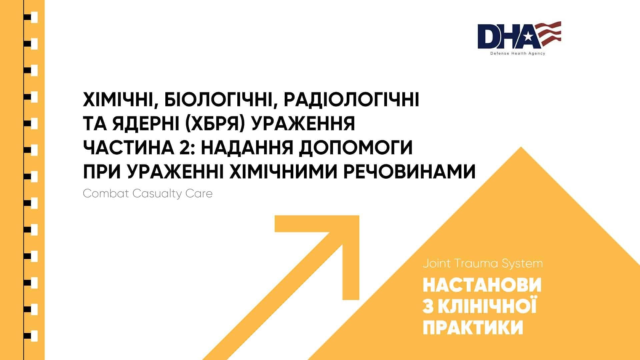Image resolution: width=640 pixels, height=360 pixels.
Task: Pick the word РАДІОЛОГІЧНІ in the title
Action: pyautogui.click(x=351, y=100)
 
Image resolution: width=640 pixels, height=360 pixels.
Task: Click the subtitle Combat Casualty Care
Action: pyautogui.click(x=148, y=194)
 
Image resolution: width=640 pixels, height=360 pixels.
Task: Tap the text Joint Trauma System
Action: pyautogui.click(x=483, y=264)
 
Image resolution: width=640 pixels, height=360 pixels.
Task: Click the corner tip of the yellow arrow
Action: pyautogui.click(x=359, y=216)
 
